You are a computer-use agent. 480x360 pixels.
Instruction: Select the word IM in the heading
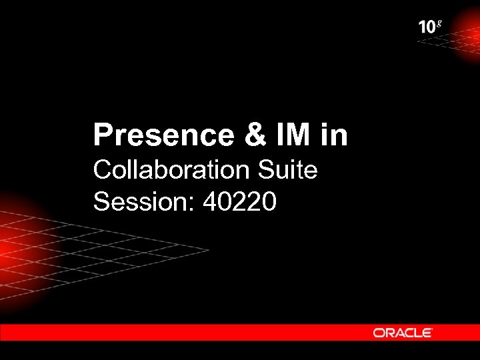click(292, 135)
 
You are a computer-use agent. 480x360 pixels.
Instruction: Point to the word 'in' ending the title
click(334, 135)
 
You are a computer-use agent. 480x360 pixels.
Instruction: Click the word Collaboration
click(169, 170)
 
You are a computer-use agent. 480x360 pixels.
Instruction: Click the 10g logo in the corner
click(430, 27)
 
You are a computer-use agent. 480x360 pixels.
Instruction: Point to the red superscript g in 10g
click(439, 24)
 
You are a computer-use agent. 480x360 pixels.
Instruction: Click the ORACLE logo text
click(403, 332)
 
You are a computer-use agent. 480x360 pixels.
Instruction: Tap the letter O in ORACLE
click(378, 332)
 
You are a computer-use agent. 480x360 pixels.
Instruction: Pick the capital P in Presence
click(101, 135)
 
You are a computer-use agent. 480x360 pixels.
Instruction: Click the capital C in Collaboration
click(103, 170)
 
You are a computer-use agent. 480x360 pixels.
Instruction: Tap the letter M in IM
click(299, 135)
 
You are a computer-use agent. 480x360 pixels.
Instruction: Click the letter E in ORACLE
click(427, 332)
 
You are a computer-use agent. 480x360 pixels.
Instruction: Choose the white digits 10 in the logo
click(427, 27)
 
